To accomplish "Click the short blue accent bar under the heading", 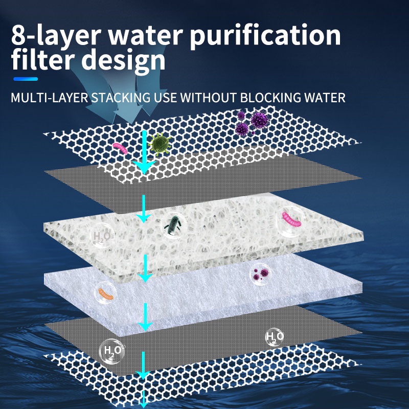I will [x=26, y=79].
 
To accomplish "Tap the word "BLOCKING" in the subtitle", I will [x=266, y=97].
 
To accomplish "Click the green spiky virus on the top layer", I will [x=160, y=144].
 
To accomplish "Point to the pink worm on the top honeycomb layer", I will [x=120, y=149].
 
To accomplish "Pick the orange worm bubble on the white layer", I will [x=104, y=294].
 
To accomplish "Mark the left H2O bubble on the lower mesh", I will [x=111, y=351].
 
